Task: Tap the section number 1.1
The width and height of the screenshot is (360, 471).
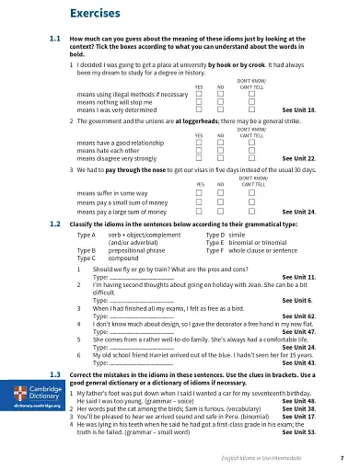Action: [x=54, y=40]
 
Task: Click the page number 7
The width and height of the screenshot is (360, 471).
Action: [x=342, y=457]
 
